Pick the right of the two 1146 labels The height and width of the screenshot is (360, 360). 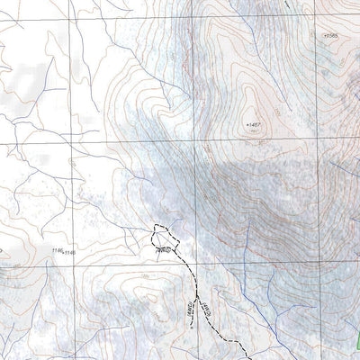pos(69,252)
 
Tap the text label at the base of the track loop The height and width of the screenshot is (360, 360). pos(164,249)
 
